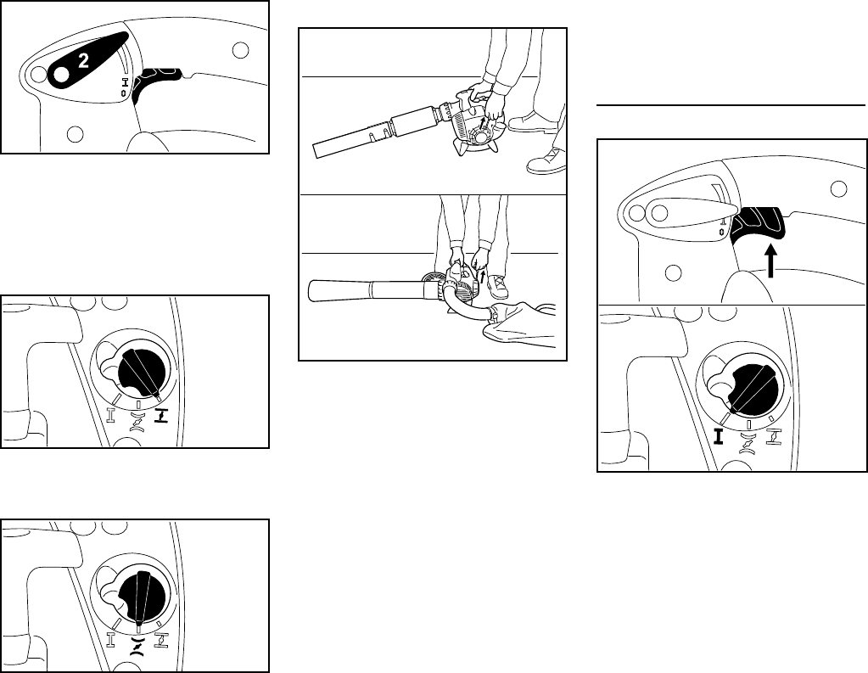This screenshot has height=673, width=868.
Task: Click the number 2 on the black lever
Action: coord(83,60)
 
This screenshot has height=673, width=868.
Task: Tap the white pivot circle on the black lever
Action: coord(61,75)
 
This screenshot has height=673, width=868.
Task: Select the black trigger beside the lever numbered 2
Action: coord(157,83)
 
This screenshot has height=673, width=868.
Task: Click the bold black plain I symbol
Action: coord(719,436)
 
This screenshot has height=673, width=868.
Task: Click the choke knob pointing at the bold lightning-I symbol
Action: coord(142,374)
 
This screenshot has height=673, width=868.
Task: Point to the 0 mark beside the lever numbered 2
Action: coord(123,93)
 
